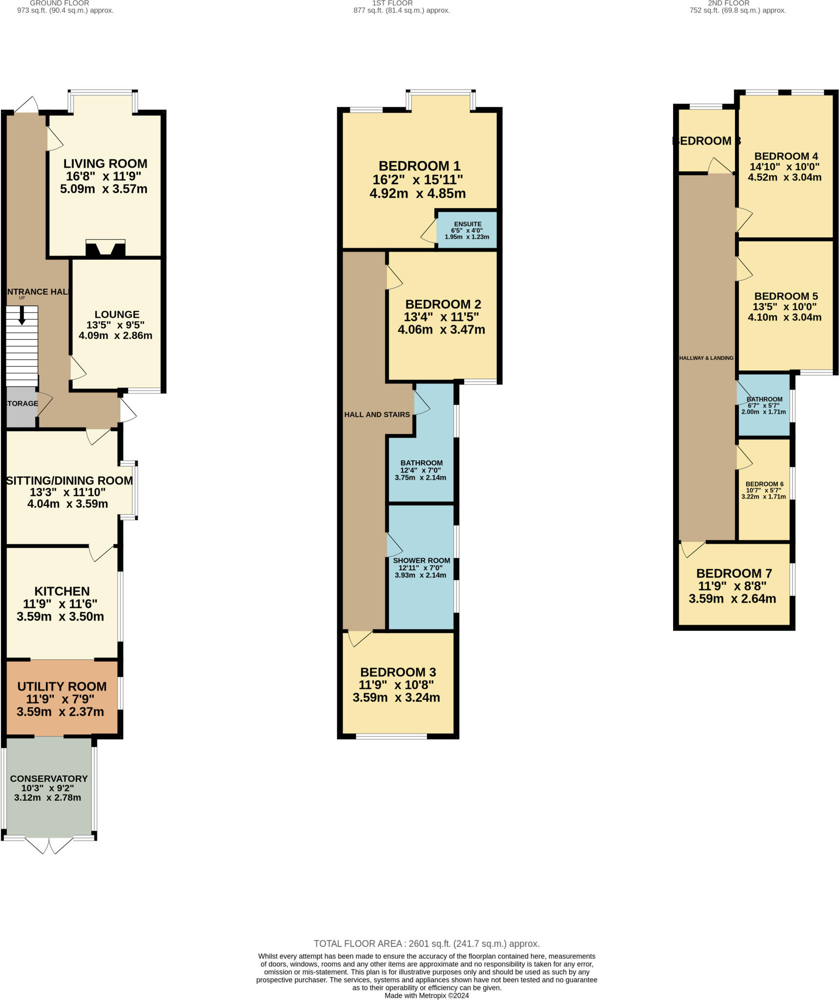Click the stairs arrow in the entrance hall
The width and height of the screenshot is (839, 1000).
point(21,315)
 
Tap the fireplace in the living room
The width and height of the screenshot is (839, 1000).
point(105,249)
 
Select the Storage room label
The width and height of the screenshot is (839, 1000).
point(22,403)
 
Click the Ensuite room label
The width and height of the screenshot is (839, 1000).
point(468,224)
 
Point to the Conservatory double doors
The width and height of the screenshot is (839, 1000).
point(49,845)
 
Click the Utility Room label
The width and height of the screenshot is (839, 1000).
point(61,687)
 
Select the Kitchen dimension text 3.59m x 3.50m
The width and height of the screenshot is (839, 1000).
point(60,617)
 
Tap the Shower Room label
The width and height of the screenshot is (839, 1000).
point(421,561)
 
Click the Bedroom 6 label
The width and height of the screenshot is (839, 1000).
point(764,484)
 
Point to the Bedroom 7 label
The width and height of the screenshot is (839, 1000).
point(734,573)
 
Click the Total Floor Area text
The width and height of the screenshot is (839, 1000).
point(426,944)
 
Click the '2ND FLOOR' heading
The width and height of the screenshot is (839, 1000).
point(728,3)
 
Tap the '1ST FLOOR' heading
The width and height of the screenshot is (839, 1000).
point(392,3)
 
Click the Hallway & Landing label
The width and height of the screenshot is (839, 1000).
point(706,358)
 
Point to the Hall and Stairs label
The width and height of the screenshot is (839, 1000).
point(377,415)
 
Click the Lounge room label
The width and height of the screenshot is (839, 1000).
point(117,314)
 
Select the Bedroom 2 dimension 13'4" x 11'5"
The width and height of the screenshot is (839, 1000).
point(441,317)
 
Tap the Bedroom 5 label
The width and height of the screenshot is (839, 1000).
point(786,296)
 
